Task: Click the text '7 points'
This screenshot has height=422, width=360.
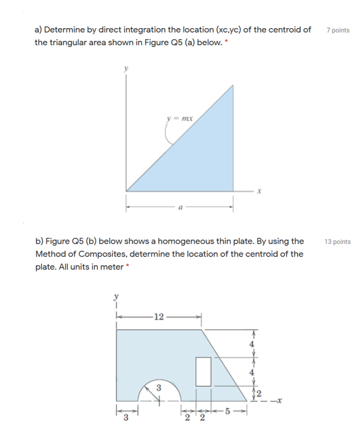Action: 337,31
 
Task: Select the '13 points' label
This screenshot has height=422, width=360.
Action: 337,241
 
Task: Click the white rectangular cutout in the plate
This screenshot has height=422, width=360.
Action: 203,370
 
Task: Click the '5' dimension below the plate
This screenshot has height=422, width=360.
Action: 227,411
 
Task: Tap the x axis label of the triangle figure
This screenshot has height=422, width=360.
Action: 259,193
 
